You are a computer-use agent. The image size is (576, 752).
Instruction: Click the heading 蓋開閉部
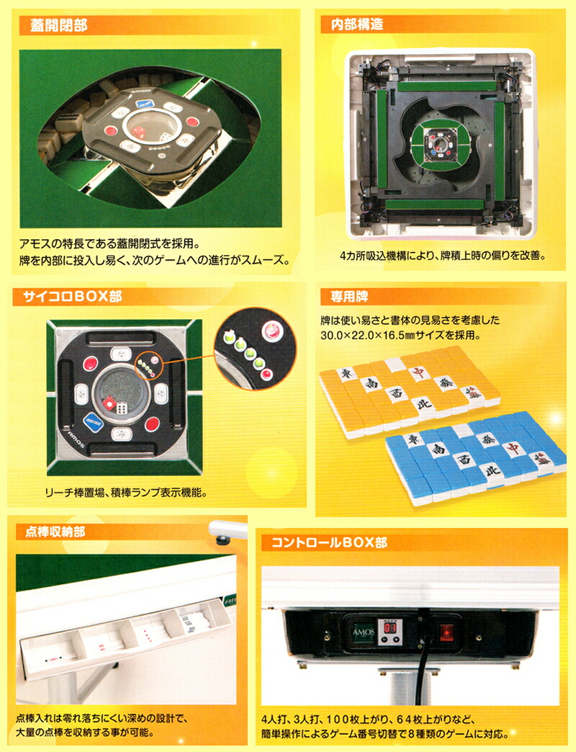(x=59, y=26)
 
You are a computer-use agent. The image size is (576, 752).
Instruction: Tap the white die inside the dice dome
(x=122, y=408)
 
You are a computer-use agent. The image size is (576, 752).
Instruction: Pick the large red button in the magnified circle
(x=272, y=331)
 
